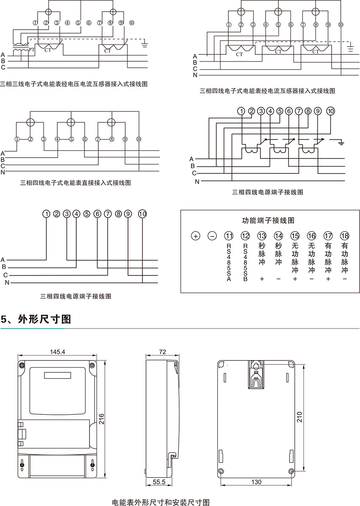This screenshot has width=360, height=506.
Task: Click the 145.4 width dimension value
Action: pyautogui.click(x=58, y=352)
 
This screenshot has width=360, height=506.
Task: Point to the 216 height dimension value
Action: pyautogui.click(x=102, y=419)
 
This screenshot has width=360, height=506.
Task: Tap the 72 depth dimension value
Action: pyautogui.click(x=162, y=352)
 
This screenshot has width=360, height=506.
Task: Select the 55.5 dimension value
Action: pyautogui.click(x=159, y=482)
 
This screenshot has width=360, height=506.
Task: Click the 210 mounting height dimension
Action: pyautogui.click(x=300, y=417)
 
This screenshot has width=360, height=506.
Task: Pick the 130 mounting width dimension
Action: pyautogui.click(x=256, y=482)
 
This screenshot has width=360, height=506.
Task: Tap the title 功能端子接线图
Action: pyautogui.click(x=268, y=220)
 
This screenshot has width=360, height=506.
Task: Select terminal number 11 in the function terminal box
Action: pyautogui.click(x=229, y=236)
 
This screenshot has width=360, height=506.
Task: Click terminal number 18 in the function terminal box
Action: pyautogui.click(x=344, y=236)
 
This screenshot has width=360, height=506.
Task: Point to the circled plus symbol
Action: pyautogui.click(x=196, y=236)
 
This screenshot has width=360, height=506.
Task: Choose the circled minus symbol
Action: pyautogui.click(x=212, y=236)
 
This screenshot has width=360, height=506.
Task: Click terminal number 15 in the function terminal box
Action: pyautogui.click(x=295, y=236)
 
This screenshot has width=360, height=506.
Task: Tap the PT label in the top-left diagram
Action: pyautogui.click(x=32, y=49)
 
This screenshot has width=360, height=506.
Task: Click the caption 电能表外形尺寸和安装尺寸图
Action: pyautogui.click(x=161, y=502)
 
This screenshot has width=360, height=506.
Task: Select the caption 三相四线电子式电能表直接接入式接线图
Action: pyautogui.click(x=76, y=183)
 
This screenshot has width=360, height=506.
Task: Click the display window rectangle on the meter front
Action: pyautogui.click(x=58, y=376)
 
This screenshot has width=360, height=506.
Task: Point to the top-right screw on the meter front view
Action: pyautogui.click(x=92, y=365)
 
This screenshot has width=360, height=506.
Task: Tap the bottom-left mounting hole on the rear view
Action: pyautogui.click(x=221, y=471)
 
